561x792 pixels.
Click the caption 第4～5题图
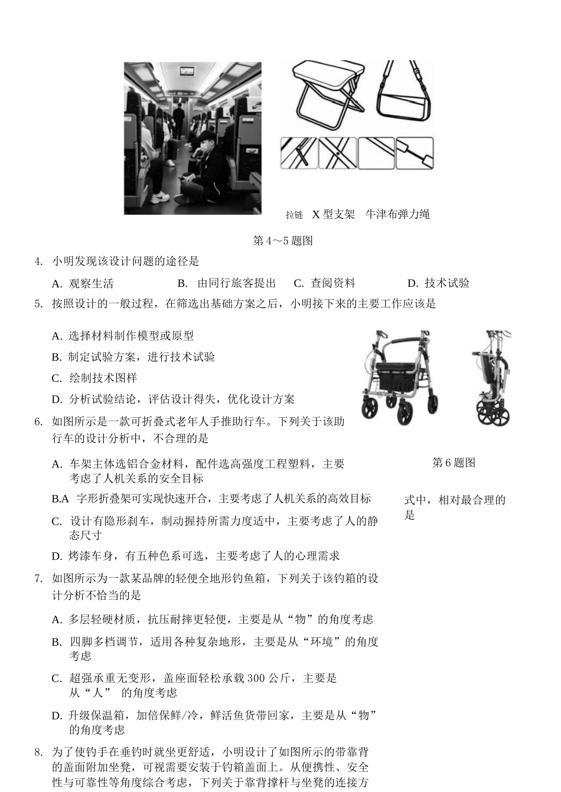282,241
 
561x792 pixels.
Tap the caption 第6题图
454,463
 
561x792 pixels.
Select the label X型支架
333,214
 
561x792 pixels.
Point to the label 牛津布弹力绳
397,214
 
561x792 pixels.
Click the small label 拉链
294,215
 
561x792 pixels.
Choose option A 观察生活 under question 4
83,283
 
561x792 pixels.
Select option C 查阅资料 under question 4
325,283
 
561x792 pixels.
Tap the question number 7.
38,578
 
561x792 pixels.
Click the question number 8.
38,752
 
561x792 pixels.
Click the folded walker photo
492,378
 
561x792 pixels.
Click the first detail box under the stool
298,153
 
